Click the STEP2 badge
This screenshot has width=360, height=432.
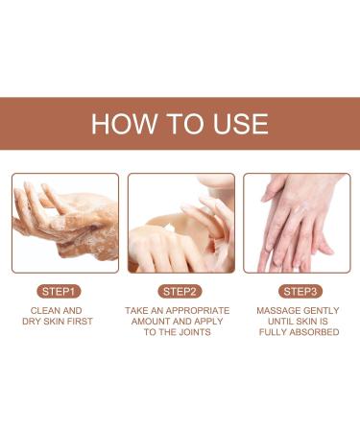tap(180, 290)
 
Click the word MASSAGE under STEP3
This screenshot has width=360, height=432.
tap(278, 311)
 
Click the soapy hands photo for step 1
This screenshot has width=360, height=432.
tap(65, 223)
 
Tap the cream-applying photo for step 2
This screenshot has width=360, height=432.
tap(180, 223)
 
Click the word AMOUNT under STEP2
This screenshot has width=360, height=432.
tap(156, 322)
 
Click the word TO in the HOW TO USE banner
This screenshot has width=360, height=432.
tap(181, 124)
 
